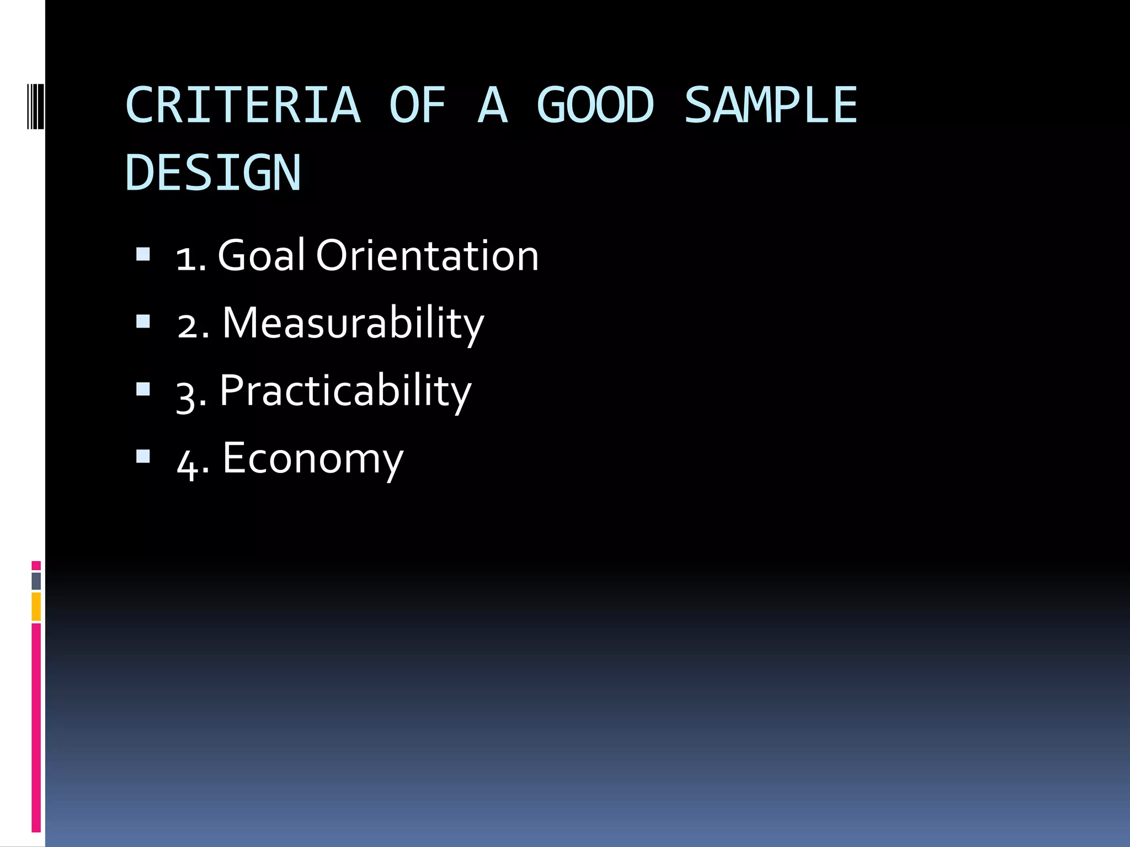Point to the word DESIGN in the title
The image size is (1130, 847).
(x=213, y=173)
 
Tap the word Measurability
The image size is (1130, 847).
(x=353, y=324)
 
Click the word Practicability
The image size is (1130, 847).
(x=345, y=392)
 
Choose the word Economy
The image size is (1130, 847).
(x=313, y=459)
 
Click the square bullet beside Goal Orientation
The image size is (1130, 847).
(x=143, y=254)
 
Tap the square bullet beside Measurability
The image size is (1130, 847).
(x=143, y=321)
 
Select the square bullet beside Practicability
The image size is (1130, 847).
(x=143, y=389)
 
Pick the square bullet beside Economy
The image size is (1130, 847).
(x=143, y=457)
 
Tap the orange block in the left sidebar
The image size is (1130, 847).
(x=36, y=607)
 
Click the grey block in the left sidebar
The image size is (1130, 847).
(x=36, y=581)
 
